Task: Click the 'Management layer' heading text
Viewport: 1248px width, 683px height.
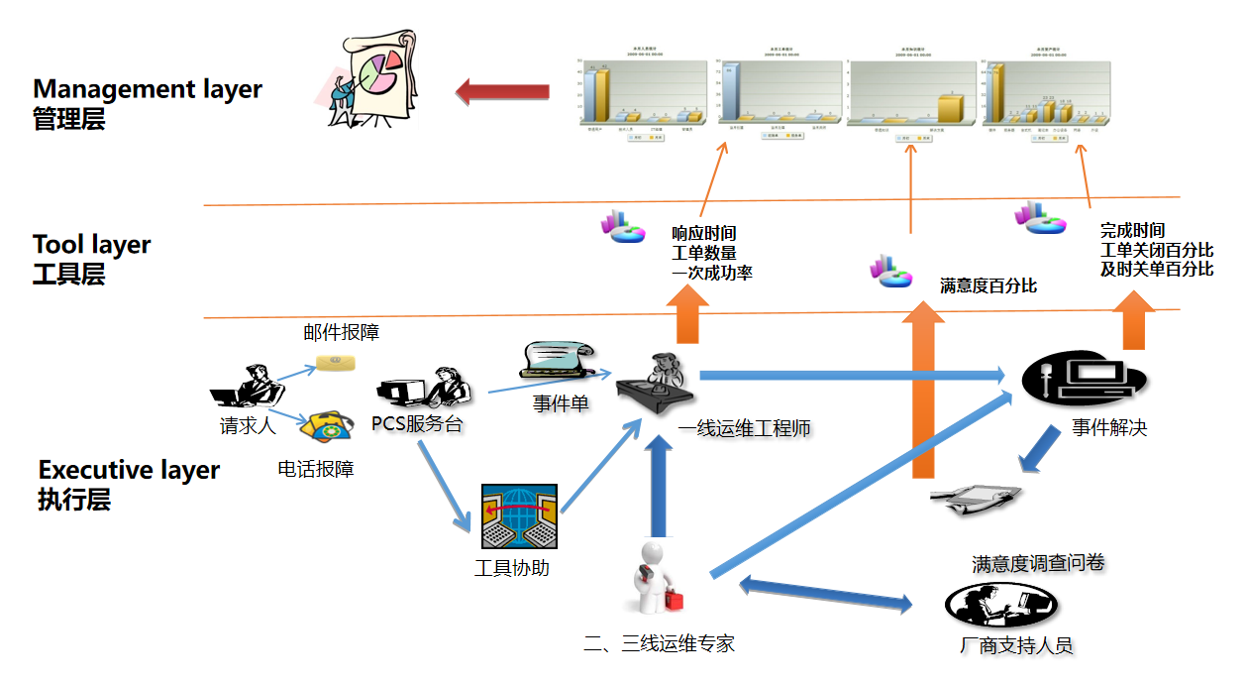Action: (148, 89)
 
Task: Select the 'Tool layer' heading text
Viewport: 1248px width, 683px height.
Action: (92, 245)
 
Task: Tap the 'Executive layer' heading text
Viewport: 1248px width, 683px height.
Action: (129, 470)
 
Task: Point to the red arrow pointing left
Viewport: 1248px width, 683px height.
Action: (501, 92)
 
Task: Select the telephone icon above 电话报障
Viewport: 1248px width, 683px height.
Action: (325, 427)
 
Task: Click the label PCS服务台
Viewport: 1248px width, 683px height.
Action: (417, 424)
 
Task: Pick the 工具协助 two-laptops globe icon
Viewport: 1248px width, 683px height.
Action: (519, 516)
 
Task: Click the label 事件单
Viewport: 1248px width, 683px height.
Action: (561, 403)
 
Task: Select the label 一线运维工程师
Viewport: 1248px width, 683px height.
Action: (744, 428)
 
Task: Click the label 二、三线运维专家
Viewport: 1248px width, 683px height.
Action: (659, 643)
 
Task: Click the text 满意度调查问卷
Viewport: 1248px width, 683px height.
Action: (1037, 563)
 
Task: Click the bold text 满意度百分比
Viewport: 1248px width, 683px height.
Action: (988, 286)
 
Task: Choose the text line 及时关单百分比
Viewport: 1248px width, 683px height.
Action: (1156, 270)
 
